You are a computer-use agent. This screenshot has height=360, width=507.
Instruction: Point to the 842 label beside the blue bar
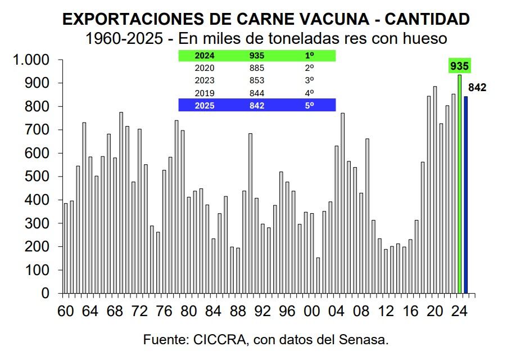point(477,87)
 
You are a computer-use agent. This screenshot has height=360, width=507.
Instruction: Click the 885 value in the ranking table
point(256,68)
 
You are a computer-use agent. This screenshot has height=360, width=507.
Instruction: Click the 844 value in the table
point(256,93)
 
